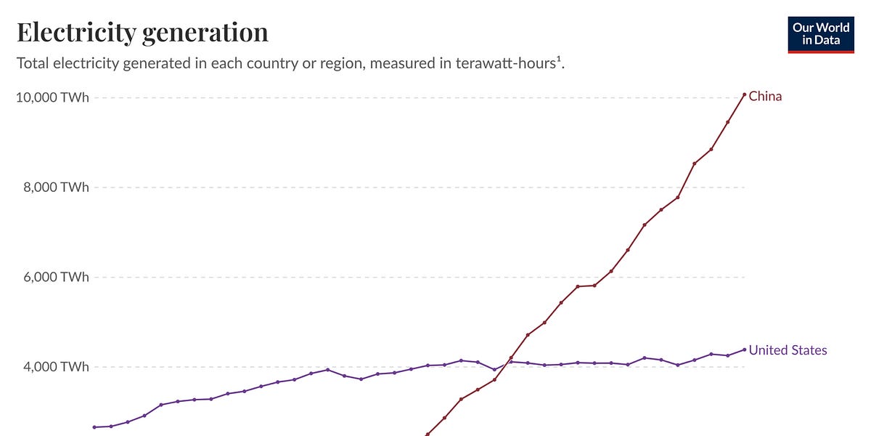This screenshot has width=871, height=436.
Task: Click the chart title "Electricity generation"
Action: coord(142,32)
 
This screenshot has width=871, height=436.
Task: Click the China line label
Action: coord(765,96)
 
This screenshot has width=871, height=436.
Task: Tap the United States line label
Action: coord(788,350)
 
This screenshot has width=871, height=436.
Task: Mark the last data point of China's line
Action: coord(744,94)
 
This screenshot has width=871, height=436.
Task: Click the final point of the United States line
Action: coord(744,350)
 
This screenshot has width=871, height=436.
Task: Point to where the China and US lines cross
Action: coord(508,361)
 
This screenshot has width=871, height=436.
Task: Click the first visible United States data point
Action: coord(94,427)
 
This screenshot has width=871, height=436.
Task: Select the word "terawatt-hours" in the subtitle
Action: coord(516,63)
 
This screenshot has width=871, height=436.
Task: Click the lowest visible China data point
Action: coord(428,435)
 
